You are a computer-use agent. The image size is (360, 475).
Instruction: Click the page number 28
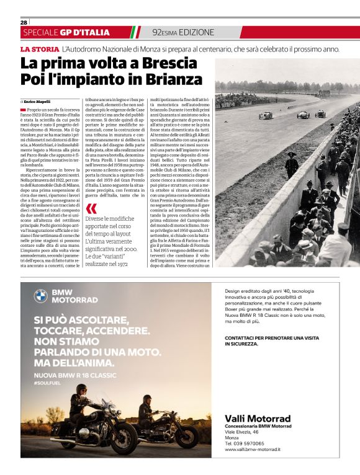[24, 22]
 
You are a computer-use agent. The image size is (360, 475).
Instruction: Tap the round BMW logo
[41, 295]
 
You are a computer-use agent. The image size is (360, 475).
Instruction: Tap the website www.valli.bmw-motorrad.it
[253, 449]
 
